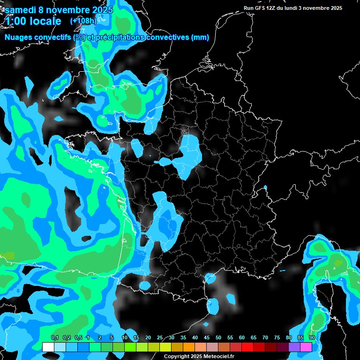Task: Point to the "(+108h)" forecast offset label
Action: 83,21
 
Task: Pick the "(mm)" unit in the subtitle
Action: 200,37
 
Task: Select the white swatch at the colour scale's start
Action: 48,347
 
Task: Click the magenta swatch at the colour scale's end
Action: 306,347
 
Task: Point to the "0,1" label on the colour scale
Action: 55,338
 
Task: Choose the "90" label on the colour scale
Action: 312,338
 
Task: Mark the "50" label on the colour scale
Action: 218,338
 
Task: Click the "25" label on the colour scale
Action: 160,338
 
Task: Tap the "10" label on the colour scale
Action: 125,338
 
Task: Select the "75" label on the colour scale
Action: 277,338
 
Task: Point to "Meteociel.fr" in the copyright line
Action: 219,357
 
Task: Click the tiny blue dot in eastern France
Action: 265,187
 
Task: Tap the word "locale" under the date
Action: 46,21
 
